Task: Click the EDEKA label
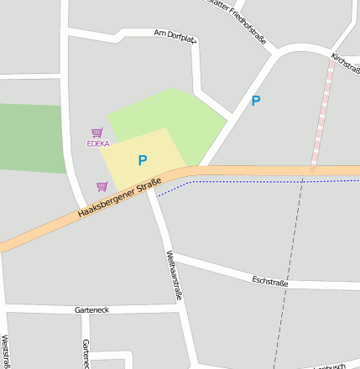pyautogui.click(x=98, y=143)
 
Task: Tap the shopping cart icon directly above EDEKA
pyautogui.click(x=97, y=133)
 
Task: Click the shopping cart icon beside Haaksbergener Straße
pyautogui.click(x=102, y=186)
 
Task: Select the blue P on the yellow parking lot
pyautogui.click(x=142, y=160)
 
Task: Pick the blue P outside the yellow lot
pyautogui.click(x=256, y=101)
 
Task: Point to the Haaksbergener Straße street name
pyautogui.click(x=118, y=204)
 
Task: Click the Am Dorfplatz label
pyautogui.click(x=175, y=35)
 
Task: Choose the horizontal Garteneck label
pyautogui.click(x=91, y=309)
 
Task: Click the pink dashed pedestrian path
pyautogui.click(x=321, y=117)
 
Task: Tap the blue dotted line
pyautogui.click(x=252, y=180)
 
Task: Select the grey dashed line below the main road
pyautogui.click(x=290, y=268)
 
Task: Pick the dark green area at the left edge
pyautogui.click(x=29, y=138)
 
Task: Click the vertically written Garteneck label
pyautogui.click(x=86, y=354)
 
